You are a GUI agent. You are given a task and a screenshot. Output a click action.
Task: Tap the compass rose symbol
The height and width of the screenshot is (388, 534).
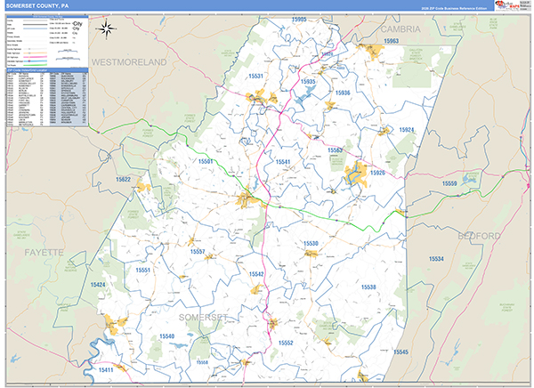[106, 28]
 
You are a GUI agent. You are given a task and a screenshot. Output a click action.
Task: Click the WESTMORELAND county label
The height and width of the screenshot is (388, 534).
[130, 63]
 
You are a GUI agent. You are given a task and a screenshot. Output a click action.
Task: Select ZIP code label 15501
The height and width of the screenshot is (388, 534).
[206, 161]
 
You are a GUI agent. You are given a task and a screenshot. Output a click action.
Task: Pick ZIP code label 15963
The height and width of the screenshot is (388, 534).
[391, 42]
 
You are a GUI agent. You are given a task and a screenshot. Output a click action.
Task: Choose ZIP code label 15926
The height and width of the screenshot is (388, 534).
[377, 172]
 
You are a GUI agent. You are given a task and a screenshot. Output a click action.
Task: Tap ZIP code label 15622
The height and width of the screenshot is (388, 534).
[123, 180]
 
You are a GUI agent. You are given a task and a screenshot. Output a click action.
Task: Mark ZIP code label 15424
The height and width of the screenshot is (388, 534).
[97, 285]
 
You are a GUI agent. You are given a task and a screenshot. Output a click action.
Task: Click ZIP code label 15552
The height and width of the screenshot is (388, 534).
[286, 343]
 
